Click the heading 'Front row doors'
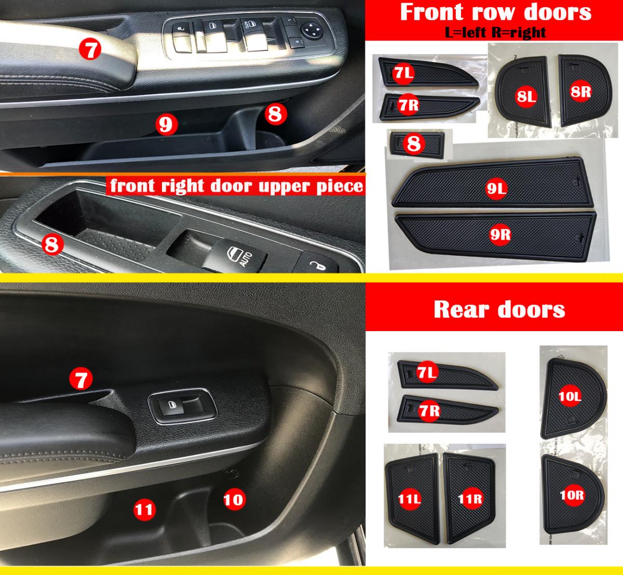(495, 12)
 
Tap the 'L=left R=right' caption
(495, 32)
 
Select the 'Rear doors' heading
(499, 310)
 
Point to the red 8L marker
(526, 97)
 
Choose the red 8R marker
(580, 92)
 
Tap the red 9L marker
(496, 188)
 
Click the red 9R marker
(500, 235)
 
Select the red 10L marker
(570, 396)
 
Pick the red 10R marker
(572, 495)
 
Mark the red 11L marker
(410, 499)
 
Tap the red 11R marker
(470, 499)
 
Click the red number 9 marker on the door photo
(167, 125)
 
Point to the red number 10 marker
(234, 499)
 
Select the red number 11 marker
(144, 509)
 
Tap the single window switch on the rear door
(182, 406)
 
